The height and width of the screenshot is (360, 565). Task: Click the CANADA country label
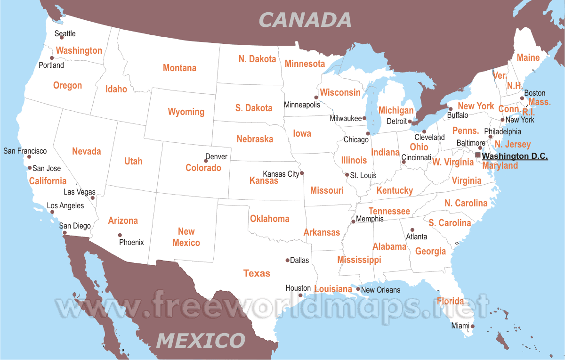[x=305, y=20]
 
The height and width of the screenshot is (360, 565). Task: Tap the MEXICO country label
[x=201, y=340]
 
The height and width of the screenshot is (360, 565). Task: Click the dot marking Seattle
[x=62, y=37]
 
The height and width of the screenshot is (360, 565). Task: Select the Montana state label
[x=179, y=68]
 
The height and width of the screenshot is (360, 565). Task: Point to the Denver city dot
[x=206, y=161]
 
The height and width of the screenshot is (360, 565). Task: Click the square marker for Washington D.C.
[x=478, y=155]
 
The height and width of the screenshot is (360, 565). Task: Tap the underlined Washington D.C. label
[x=515, y=156]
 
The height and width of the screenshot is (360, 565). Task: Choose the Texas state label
[x=257, y=273]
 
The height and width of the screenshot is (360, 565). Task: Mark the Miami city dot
[x=473, y=326]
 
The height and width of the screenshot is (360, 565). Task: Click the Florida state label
[x=450, y=301]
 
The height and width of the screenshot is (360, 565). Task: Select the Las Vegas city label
[x=79, y=192]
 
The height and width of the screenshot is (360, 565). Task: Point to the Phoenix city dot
[x=120, y=235]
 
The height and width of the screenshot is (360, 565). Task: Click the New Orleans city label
[x=380, y=290]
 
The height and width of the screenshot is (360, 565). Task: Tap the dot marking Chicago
[x=368, y=133]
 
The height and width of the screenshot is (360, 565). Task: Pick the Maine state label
[x=528, y=58]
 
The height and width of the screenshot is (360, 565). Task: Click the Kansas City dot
[x=302, y=172]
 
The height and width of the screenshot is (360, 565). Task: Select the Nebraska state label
[x=255, y=139]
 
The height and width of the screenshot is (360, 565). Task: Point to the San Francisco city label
[x=25, y=151]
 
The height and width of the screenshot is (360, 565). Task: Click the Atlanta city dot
[x=412, y=230]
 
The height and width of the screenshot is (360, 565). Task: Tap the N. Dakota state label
[x=257, y=59]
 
